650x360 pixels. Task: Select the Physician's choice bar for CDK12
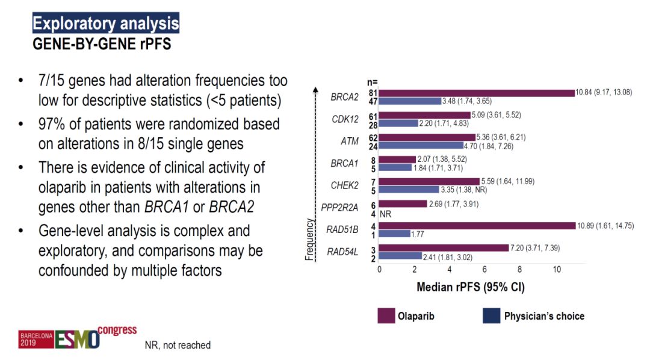tap(398, 123)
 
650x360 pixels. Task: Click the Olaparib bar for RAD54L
tap(444, 247)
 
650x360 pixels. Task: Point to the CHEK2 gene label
tap(345, 185)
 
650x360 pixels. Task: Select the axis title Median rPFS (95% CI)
tap(470, 287)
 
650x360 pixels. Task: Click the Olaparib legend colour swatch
tap(385, 316)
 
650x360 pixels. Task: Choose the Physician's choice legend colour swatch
tap(491, 316)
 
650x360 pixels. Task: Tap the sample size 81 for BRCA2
tap(373, 93)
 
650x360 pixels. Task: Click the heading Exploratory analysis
tap(105, 24)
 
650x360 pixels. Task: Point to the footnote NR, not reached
tap(178, 345)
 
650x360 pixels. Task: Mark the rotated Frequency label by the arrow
tap(310, 240)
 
